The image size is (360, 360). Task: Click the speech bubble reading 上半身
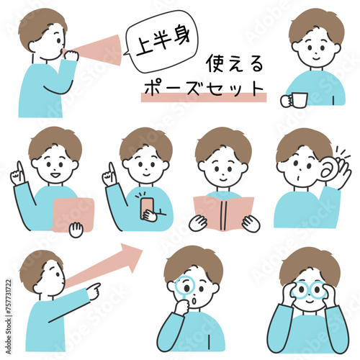161,42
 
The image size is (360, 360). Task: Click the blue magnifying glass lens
184,287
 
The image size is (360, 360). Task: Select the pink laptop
73,215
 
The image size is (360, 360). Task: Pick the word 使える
235,63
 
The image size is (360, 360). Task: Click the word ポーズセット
204,89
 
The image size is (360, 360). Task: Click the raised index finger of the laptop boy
19,169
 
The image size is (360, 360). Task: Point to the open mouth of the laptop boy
55,175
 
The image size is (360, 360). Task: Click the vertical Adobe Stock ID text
9,316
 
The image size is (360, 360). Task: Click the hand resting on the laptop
76,230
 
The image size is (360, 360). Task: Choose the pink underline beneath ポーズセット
204,98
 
